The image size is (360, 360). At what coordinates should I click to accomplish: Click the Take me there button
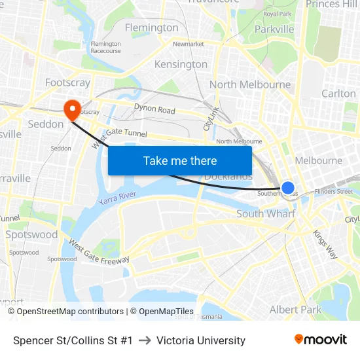coord(180,160)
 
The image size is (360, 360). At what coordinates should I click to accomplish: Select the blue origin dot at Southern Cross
coord(287,189)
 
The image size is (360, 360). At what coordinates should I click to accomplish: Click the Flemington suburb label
coord(151,27)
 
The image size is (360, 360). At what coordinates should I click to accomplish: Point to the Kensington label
coord(181,64)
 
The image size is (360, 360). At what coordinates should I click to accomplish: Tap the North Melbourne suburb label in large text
coord(250,84)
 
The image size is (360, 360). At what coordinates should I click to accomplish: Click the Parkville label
coord(274,29)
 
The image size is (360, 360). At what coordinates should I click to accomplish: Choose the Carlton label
coord(338,94)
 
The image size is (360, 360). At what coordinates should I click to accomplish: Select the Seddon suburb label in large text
coord(46,124)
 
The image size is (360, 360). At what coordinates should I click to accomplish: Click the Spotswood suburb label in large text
coord(31,234)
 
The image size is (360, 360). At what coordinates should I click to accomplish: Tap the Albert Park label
coord(295,309)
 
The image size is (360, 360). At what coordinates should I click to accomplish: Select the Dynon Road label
coord(154,109)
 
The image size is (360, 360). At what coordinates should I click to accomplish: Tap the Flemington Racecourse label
coord(105,47)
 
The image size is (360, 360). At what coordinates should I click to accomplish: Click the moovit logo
coord(320,340)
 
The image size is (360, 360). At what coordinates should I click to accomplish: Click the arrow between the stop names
coord(145,340)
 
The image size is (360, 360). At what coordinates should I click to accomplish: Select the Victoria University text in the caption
coord(201,340)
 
